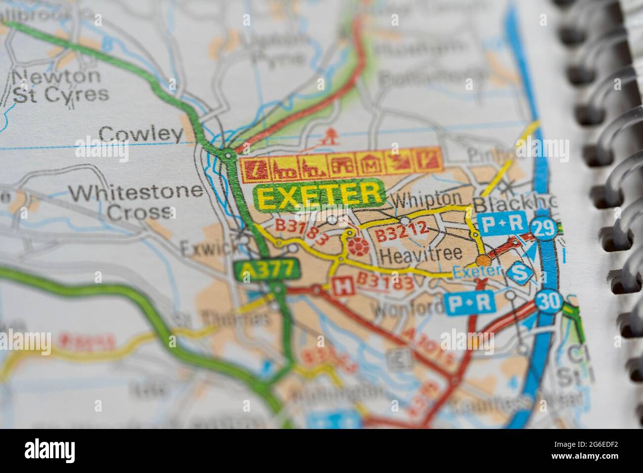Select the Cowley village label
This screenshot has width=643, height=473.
[x=140, y=134]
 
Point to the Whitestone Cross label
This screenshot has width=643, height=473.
[x=137, y=201]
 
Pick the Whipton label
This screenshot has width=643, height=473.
[x=427, y=199]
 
